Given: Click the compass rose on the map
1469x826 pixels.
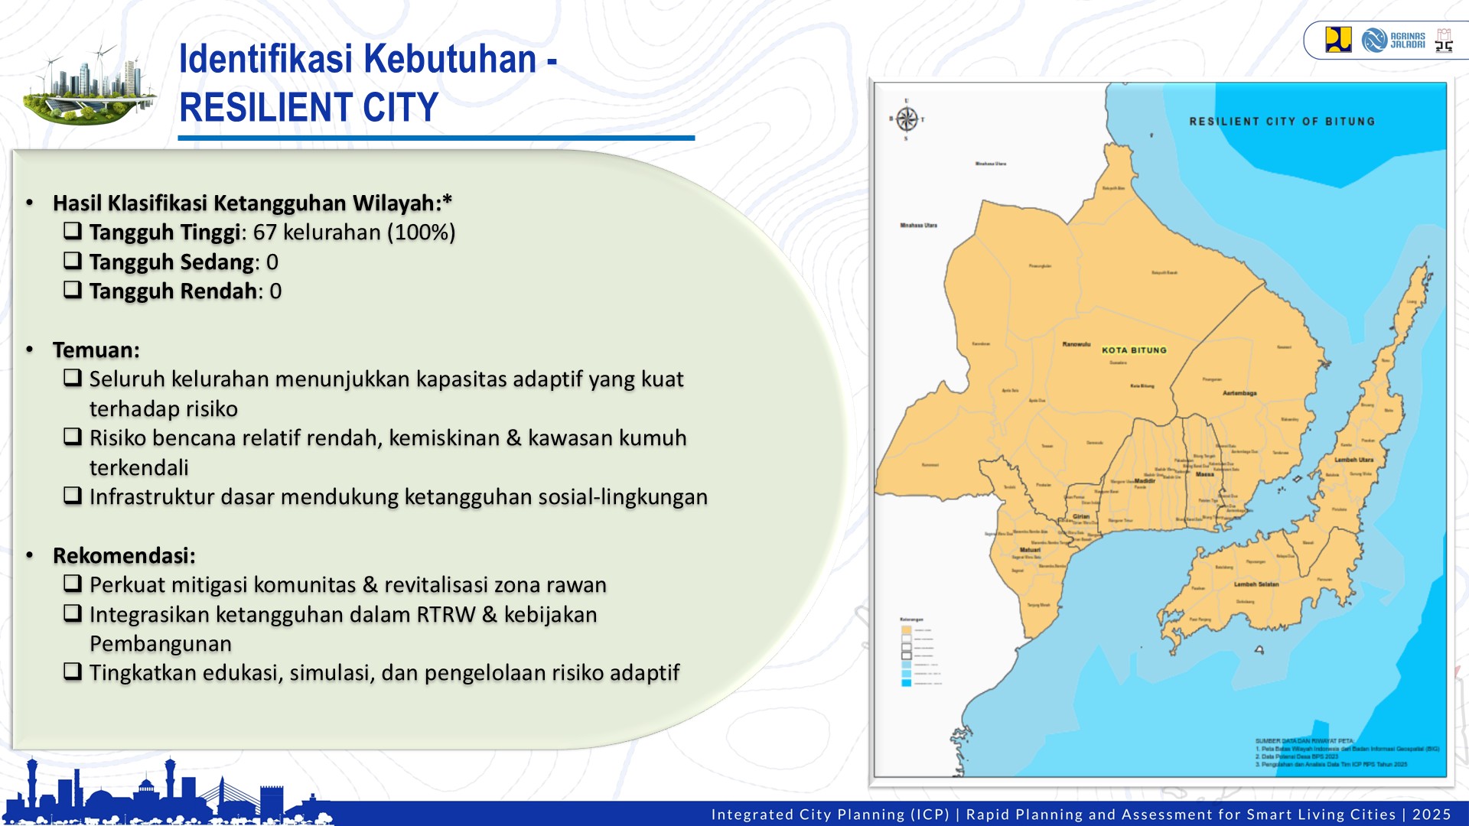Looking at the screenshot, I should (907, 119).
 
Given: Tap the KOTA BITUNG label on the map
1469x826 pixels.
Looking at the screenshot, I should (1134, 350).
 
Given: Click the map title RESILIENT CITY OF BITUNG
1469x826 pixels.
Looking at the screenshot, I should (1282, 122).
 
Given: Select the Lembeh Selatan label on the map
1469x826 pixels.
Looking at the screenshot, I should (1256, 584).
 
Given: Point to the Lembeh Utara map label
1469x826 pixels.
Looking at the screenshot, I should (1354, 460).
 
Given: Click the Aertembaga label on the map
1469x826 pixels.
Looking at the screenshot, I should (1239, 393).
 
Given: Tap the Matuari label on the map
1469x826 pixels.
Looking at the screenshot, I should (1030, 550).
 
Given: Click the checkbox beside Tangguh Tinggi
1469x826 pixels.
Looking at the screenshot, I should (73, 230).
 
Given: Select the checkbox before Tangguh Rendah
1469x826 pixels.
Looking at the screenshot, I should (73, 289).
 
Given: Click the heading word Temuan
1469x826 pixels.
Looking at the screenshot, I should (96, 350).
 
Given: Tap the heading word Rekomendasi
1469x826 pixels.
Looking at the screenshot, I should (124, 556).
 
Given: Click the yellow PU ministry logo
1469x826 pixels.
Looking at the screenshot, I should (1338, 40).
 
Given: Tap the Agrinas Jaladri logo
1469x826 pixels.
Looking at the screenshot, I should (1394, 40).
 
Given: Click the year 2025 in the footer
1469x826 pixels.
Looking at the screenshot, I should (1432, 815).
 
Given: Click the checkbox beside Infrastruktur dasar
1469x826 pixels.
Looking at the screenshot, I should (73, 496).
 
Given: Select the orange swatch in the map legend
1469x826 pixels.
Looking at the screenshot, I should (906, 630).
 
